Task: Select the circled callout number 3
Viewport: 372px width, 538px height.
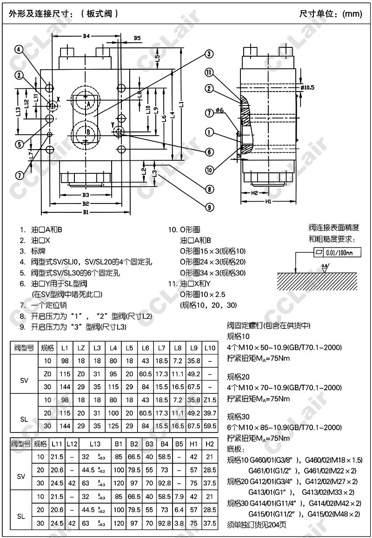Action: [209, 54]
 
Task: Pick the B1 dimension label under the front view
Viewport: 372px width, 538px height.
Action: [86, 212]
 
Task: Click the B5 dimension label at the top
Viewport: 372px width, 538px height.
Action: [137, 38]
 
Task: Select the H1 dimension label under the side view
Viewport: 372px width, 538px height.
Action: [268, 201]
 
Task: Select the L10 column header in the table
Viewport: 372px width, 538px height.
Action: [210, 348]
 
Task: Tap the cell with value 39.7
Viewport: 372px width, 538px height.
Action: [210, 413]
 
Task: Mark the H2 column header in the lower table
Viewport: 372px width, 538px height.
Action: [210, 445]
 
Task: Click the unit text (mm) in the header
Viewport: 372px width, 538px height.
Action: [352, 13]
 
